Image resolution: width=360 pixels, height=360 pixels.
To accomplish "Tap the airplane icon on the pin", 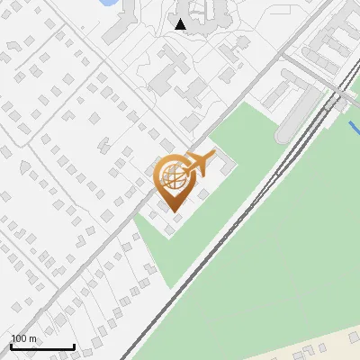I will coord(196,163).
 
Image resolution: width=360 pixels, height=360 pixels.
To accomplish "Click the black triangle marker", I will coord(181,24).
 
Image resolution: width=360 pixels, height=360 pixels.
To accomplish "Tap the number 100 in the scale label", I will coord(20,339).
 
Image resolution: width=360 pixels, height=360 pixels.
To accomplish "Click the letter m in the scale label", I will coord(33,339).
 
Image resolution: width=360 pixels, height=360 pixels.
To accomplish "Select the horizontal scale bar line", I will coord(42,347).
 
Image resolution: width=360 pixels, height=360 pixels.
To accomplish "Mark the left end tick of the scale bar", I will coord(12,345).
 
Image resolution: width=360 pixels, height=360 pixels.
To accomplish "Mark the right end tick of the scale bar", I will coord(74,345).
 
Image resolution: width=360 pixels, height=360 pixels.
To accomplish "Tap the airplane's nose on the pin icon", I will coord(213,155).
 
